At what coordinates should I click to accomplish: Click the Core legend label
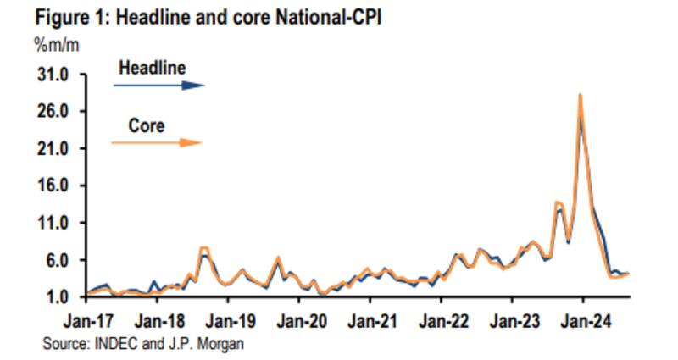point(147,125)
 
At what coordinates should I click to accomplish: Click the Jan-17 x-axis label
point(87,323)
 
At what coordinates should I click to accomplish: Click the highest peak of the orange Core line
point(580,95)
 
